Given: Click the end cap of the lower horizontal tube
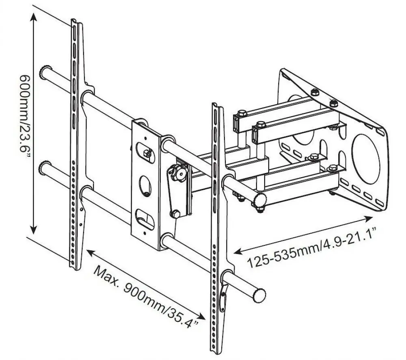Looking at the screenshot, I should tap(259, 293).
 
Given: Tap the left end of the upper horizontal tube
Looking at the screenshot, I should tap(45, 72).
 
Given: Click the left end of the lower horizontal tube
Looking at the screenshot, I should tap(45, 167).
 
